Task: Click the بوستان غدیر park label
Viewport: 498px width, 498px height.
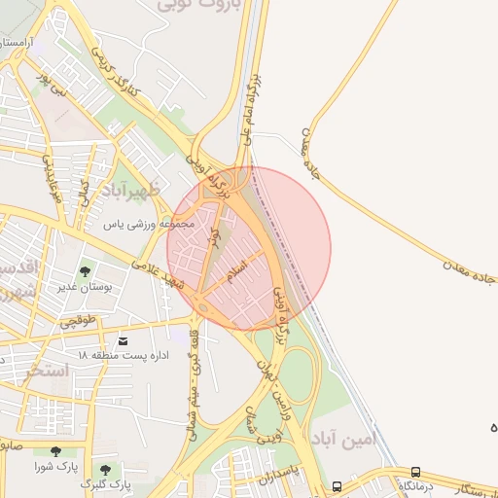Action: click(86, 287)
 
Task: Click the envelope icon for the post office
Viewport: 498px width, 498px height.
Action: click(124, 339)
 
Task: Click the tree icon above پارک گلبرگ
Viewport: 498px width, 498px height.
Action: click(105, 469)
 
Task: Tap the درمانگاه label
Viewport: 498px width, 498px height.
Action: click(416, 485)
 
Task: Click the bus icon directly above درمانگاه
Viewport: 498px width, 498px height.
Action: click(416, 471)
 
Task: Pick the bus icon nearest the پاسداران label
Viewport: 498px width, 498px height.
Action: click(337, 485)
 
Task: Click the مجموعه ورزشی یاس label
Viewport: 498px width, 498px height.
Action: click(150, 224)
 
